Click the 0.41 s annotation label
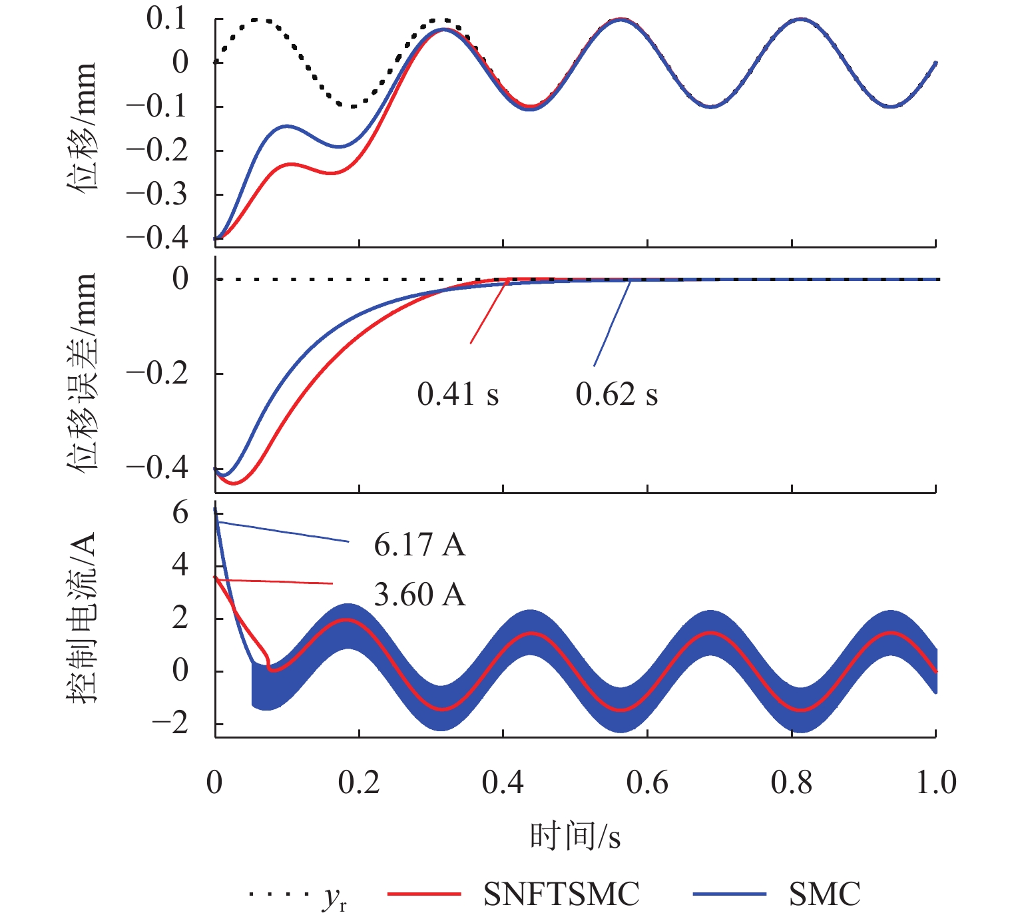click(457, 395)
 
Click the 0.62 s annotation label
click(617, 395)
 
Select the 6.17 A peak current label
click(419, 545)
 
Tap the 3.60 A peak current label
click(419, 595)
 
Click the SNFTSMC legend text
click(561, 894)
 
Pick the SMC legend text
click(824, 894)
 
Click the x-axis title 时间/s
click(575, 836)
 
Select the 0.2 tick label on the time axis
click(359, 782)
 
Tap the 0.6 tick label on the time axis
click(647, 782)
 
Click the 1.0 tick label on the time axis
click(935, 782)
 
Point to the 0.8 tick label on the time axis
click(792, 782)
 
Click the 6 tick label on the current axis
click(180, 513)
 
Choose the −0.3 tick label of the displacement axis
click(157, 194)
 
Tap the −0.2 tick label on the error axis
click(157, 374)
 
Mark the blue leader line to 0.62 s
click(612, 323)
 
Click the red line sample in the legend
click(424, 894)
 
